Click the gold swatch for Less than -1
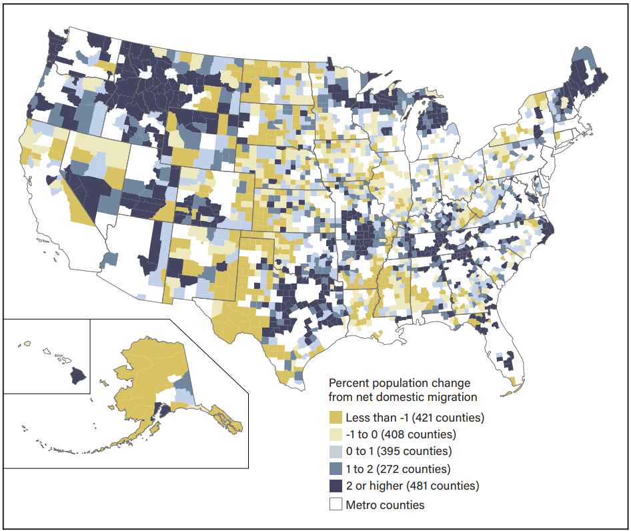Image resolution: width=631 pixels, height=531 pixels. pos(336,418)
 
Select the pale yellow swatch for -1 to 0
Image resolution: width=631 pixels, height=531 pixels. pos(336,435)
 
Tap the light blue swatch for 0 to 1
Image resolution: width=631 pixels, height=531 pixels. pos(336,452)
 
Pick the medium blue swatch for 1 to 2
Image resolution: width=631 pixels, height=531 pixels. pos(336,469)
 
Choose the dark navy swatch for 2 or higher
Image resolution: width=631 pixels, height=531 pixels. pos(336,486)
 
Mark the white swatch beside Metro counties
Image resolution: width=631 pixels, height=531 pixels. pos(336,504)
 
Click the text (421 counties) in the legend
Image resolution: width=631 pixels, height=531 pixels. pos(448,418)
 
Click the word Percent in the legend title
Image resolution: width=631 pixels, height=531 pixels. pos(350,384)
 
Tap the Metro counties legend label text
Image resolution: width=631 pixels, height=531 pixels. pos(384,504)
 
